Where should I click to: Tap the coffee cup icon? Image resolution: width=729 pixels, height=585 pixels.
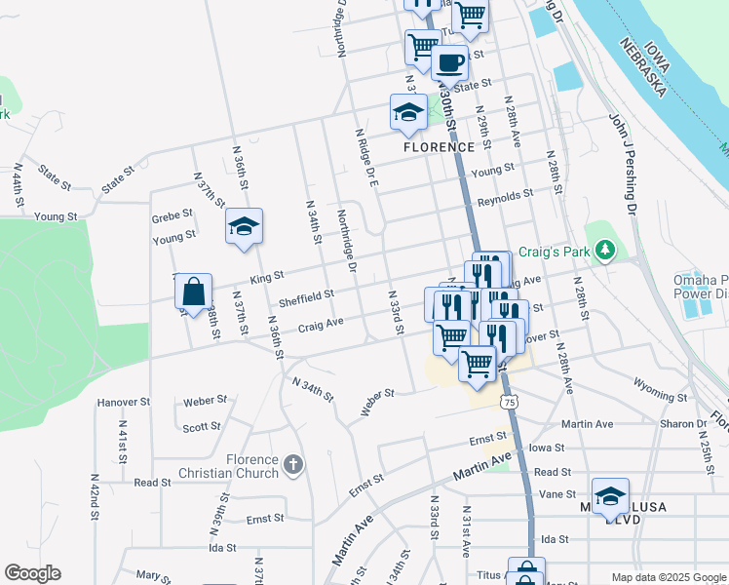point(449,63)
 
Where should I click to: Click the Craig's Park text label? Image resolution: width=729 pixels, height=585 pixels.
point(554,253)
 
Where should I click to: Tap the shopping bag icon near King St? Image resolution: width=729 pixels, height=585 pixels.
point(194,291)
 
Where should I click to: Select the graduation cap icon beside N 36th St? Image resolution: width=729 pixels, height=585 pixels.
point(244,228)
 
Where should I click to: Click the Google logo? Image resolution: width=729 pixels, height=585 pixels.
point(32,573)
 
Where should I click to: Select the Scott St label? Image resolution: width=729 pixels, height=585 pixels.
point(202,427)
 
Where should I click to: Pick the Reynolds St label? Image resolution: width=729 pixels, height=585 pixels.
point(505,197)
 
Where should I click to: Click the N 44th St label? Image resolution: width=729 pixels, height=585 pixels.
point(18,185)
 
